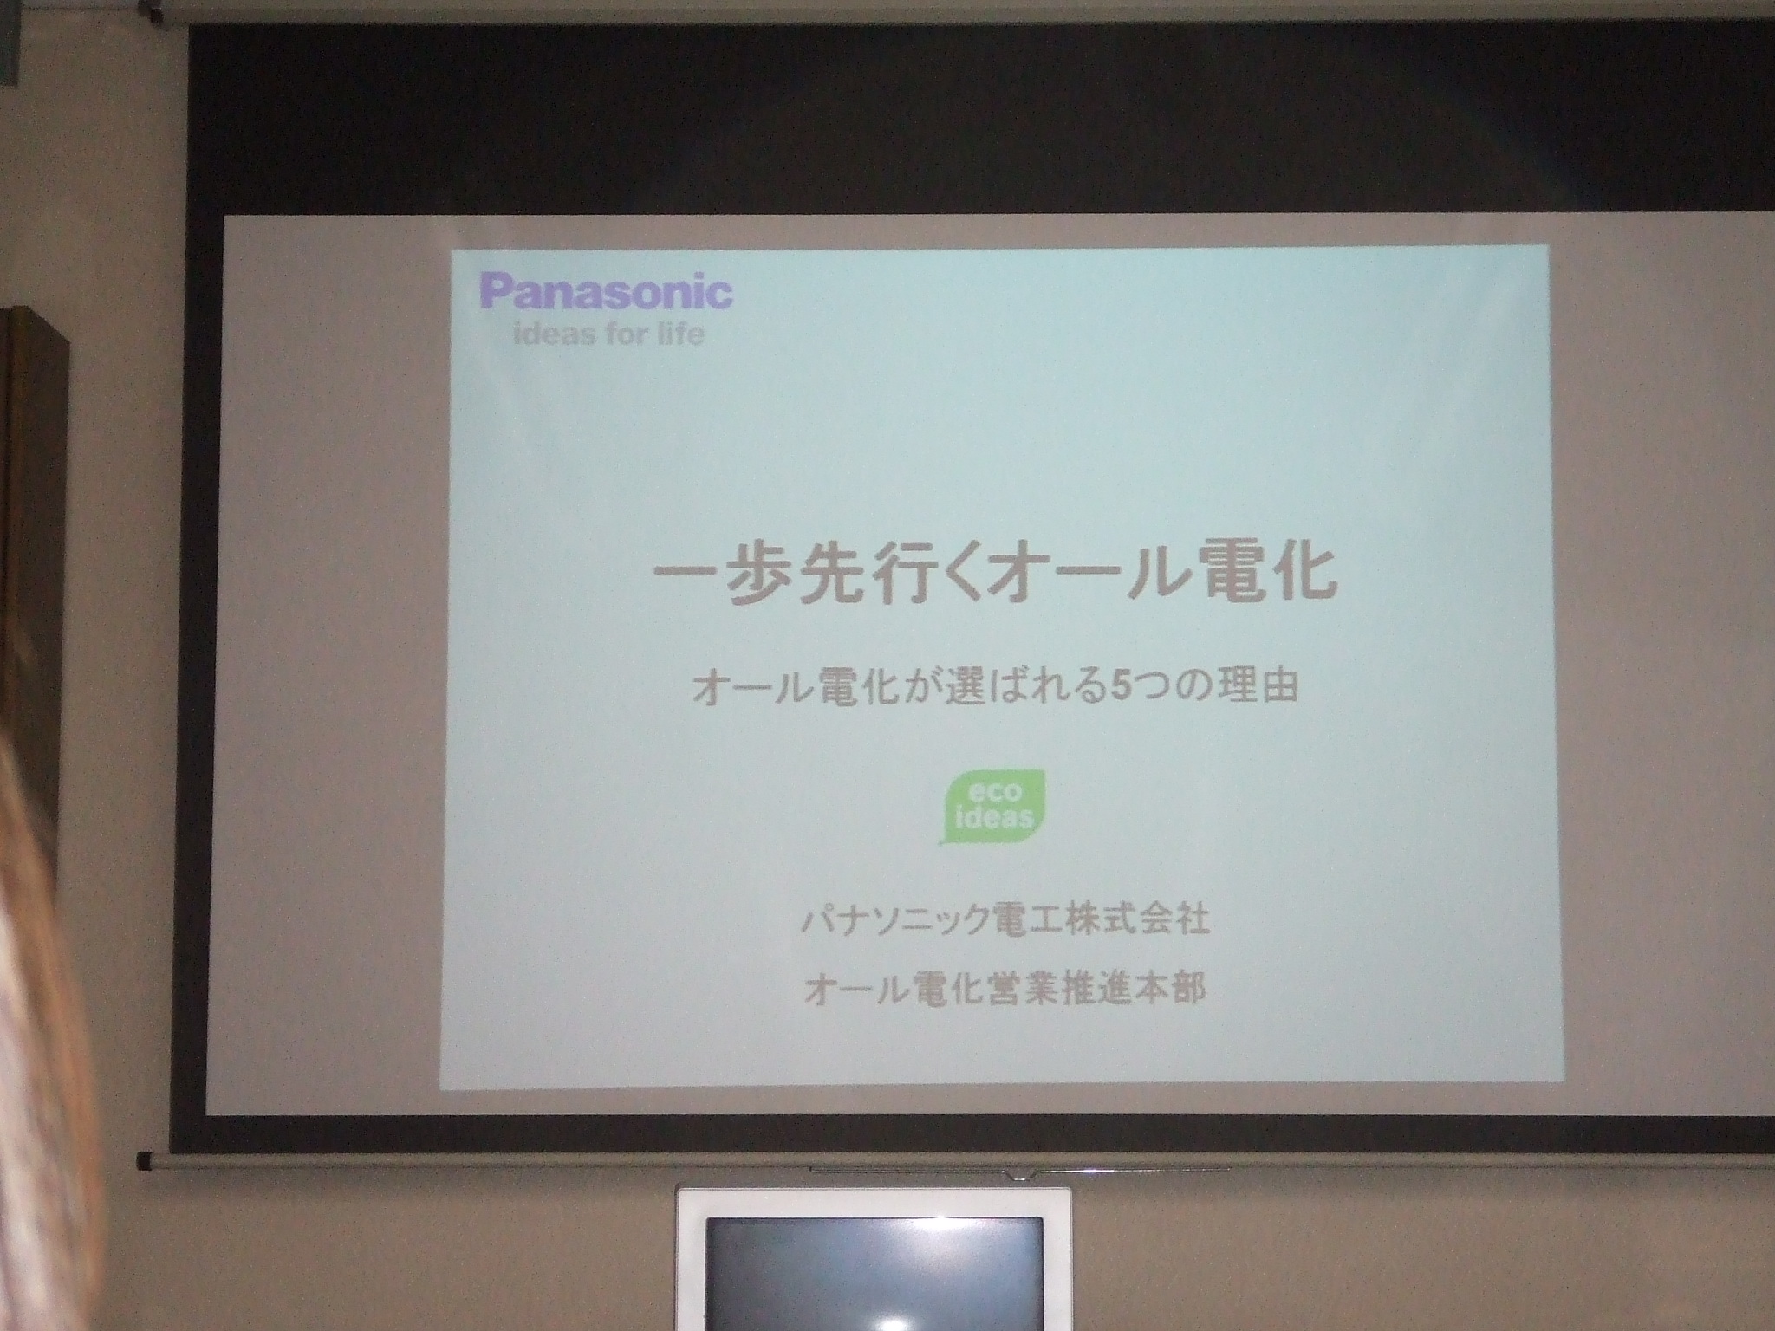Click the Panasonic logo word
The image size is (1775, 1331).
click(x=607, y=293)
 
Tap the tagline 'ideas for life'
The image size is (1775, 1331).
click(x=608, y=334)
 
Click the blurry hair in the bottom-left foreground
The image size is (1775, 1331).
click(x=39, y=1083)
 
